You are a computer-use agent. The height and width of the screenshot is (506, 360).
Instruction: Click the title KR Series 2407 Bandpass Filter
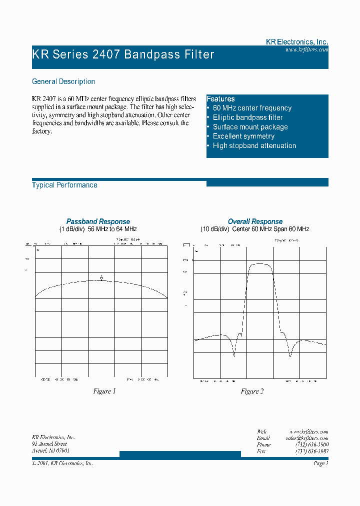(x=123, y=54)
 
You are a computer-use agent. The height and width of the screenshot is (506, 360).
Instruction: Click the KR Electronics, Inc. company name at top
(x=296, y=42)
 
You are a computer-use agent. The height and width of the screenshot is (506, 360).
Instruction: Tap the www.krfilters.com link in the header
(x=306, y=50)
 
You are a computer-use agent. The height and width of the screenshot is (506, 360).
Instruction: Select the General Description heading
(x=63, y=81)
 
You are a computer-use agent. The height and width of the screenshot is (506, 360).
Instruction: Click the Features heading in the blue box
(x=220, y=99)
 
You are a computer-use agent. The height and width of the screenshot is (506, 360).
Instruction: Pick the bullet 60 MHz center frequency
(x=252, y=108)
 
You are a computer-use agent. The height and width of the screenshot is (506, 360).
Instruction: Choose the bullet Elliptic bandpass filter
(x=247, y=117)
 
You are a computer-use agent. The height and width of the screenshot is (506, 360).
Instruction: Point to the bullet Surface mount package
(x=250, y=127)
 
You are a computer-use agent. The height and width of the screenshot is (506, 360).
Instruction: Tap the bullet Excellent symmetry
(x=243, y=136)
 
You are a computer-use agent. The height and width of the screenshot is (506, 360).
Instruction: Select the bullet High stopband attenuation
(x=254, y=145)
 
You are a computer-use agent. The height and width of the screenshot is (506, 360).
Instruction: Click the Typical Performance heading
(x=64, y=185)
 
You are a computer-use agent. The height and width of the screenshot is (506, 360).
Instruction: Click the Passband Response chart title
(x=98, y=221)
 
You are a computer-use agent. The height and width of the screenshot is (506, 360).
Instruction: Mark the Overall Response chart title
(x=255, y=221)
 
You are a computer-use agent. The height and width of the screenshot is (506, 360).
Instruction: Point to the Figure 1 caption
(x=104, y=391)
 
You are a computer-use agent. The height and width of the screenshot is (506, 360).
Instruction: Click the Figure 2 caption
(x=252, y=391)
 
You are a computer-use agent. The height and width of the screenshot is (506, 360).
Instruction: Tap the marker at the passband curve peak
(x=101, y=278)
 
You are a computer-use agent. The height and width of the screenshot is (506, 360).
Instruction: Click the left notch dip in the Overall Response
(x=234, y=355)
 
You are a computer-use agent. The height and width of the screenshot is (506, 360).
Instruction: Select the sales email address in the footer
(x=306, y=438)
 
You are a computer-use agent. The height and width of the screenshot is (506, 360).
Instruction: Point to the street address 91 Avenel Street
(x=49, y=444)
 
